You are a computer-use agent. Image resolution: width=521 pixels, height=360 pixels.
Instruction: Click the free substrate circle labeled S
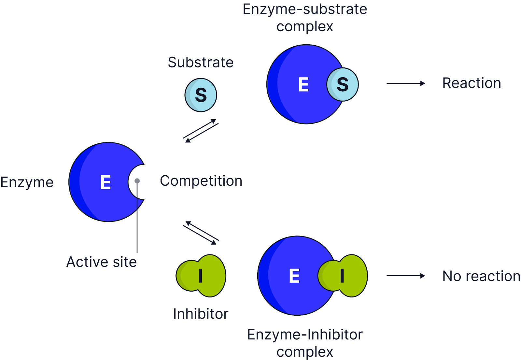pos(201,95)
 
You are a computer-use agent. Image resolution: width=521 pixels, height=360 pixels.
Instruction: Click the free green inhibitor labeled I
pos(201,276)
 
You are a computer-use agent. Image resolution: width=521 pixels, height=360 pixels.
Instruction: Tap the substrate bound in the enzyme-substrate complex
pos(342,84)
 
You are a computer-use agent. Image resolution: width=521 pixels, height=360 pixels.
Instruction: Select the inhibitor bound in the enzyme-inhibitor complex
pos(343,276)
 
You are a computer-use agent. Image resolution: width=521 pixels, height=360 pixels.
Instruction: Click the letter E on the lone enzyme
pos(106,182)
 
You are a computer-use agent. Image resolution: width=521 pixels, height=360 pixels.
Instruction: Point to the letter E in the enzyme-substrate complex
pos(303,85)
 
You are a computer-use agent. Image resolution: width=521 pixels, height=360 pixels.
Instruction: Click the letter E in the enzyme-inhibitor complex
pos(294,276)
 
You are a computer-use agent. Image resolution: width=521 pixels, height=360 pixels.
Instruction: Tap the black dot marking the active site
pos(137,181)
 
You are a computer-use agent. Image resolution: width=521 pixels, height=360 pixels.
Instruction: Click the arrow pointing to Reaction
pos(405,83)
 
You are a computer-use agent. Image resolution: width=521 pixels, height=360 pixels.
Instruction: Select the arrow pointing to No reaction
pos(405,276)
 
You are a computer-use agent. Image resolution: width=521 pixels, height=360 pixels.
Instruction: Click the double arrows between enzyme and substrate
pos(201,131)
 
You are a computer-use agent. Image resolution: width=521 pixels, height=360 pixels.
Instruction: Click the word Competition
pos(201,181)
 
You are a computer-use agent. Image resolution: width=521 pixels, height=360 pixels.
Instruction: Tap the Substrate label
pos(201,62)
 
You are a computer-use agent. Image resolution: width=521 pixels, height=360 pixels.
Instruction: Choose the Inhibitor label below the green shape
pos(201,314)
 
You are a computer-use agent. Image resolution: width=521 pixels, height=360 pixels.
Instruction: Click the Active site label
pos(101,262)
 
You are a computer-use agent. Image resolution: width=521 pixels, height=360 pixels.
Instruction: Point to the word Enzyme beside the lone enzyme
pos(27,182)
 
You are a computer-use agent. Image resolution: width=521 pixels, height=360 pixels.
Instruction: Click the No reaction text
pos(481,276)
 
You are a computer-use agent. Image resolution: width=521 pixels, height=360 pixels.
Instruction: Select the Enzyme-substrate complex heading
pos(305,18)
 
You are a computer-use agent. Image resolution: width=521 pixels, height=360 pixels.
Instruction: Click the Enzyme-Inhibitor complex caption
pos(305,343)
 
